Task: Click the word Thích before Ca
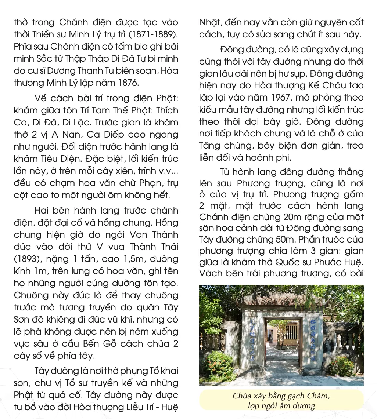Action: point(167,110)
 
